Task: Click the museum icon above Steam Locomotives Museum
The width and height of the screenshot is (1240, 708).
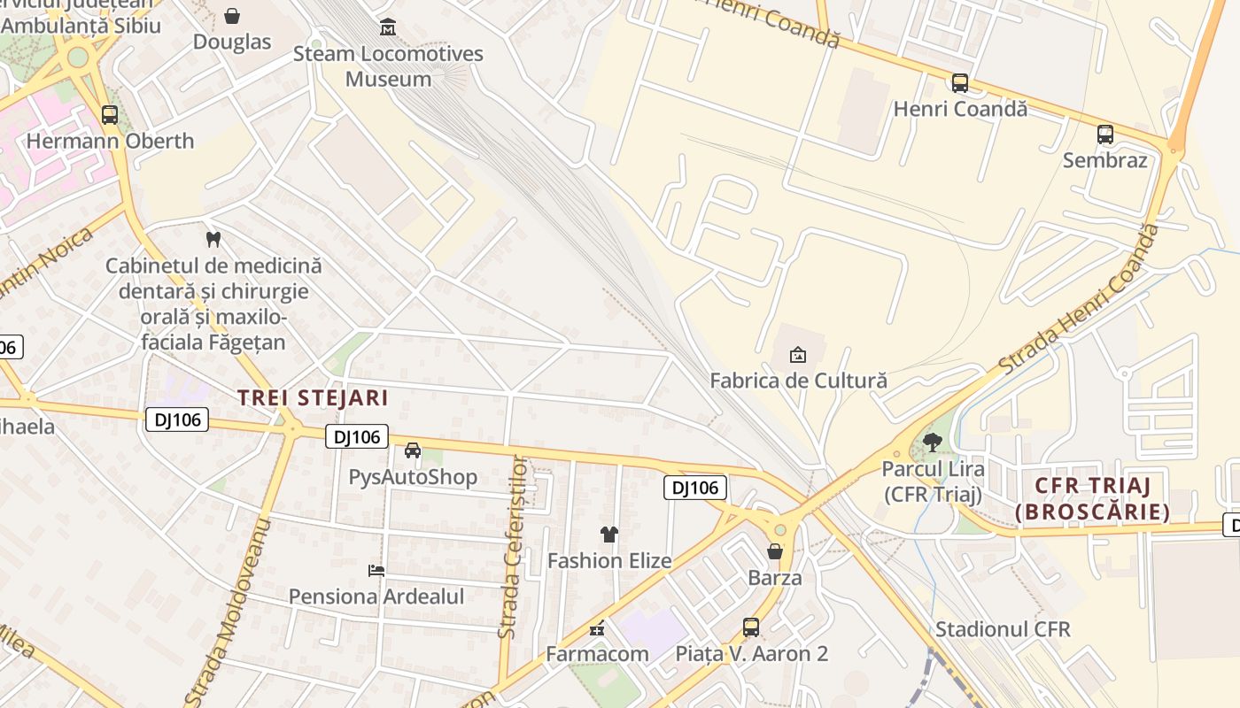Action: click(x=388, y=27)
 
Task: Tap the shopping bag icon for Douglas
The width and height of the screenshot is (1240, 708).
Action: click(x=232, y=16)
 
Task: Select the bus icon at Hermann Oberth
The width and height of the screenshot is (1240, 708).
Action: click(x=110, y=115)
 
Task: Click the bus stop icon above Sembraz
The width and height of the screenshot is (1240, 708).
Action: click(x=1105, y=135)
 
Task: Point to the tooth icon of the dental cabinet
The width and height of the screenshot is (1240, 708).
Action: click(x=213, y=239)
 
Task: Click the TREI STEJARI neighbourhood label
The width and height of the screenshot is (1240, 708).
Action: click(x=313, y=397)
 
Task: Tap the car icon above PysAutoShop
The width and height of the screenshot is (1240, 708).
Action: click(x=413, y=450)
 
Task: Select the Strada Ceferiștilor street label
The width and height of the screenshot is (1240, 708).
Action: click(x=513, y=548)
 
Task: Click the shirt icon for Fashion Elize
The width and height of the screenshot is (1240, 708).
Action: click(x=609, y=534)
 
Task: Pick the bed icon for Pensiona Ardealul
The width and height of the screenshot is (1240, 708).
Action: click(x=376, y=571)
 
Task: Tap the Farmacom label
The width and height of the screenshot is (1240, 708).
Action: click(x=597, y=654)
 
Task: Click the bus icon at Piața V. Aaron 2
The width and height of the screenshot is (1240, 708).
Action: click(x=751, y=627)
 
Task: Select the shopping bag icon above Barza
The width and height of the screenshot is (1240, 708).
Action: click(x=775, y=551)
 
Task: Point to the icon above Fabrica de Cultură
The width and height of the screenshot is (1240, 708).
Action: click(x=798, y=355)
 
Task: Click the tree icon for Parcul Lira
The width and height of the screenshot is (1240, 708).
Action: click(x=932, y=442)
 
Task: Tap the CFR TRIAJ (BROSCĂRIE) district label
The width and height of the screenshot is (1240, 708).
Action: click(x=1092, y=498)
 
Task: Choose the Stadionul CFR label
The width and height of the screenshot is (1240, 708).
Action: click(x=1003, y=629)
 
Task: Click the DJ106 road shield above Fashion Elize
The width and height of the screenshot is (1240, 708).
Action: click(x=695, y=488)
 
